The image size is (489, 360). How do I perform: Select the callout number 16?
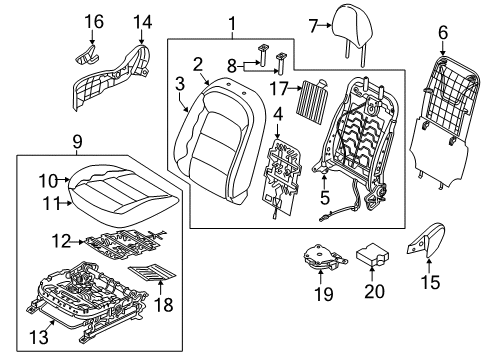click(93, 21)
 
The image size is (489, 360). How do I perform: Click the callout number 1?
click(232, 22)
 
